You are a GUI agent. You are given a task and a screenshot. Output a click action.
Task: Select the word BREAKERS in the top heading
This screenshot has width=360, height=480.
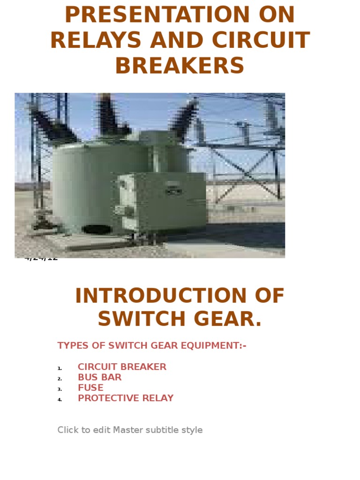[x=180, y=66]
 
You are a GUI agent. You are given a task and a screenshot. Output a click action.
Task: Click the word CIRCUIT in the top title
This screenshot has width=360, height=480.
[x=261, y=40]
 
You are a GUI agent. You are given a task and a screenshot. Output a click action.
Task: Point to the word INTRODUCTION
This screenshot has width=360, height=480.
[x=160, y=296]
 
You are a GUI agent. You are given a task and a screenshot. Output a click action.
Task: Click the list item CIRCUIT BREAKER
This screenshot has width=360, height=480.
[x=122, y=367]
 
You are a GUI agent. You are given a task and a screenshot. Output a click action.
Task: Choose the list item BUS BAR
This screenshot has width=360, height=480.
[x=99, y=377]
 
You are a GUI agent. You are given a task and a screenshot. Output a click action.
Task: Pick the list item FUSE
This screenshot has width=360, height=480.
[x=90, y=388]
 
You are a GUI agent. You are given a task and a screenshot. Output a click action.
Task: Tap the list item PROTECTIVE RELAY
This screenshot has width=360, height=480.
[x=126, y=398]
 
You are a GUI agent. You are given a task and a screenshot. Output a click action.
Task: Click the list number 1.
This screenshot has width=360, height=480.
[x=60, y=368]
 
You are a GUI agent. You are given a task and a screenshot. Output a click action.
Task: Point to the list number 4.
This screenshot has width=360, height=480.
[x=60, y=400]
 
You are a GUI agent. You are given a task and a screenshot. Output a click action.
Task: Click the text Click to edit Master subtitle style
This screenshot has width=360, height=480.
[x=130, y=430]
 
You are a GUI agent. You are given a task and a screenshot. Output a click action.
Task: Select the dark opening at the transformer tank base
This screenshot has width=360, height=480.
[x=97, y=230]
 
